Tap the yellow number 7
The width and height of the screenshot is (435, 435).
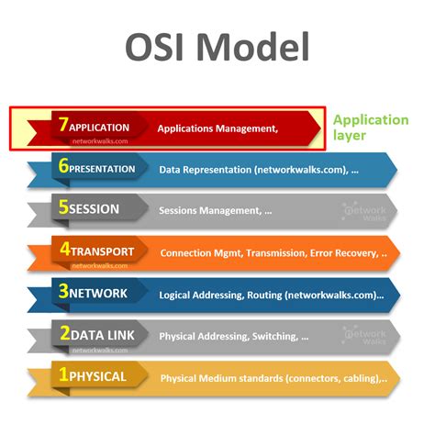[62, 127]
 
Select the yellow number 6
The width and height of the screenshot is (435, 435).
[62, 168]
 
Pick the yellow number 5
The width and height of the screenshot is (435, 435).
[62, 208]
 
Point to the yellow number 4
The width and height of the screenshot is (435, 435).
[62, 251]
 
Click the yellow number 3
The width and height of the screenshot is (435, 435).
[62, 293]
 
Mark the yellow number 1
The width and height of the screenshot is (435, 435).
[62, 376]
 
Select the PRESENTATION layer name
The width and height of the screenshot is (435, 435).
[103, 169]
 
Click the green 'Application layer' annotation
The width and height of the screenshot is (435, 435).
[370, 128]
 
